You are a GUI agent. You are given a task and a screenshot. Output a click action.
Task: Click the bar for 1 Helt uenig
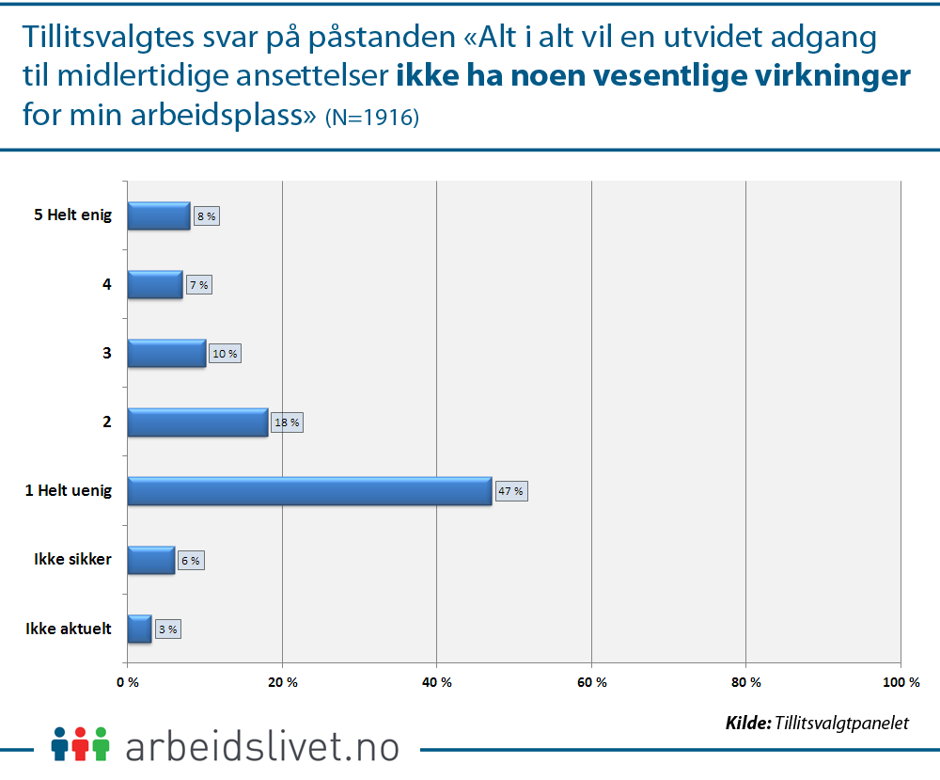tap(309, 491)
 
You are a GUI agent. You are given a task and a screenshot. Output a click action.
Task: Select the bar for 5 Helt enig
tap(158, 216)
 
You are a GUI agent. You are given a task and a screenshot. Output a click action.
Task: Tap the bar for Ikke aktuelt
tap(139, 629)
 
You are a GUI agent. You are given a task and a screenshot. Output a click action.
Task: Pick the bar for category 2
tap(197, 422)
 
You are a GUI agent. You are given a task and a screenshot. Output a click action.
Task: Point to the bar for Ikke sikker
tap(150, 560)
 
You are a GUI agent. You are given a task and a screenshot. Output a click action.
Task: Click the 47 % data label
tap(511, 491)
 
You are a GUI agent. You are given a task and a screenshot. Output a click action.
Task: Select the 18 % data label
tap(287, 422)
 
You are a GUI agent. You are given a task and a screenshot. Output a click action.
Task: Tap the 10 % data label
tap(225, 354)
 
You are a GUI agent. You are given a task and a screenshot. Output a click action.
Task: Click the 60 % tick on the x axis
tap(591, 681)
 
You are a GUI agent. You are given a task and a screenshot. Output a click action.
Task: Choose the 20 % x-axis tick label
tap(283, 681)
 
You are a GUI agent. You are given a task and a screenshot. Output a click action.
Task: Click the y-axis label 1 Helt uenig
tap(69, 490)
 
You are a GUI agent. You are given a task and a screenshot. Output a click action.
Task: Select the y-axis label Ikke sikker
tap(72, 559)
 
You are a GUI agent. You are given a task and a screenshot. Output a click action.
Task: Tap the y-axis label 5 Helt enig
tap(72, 215)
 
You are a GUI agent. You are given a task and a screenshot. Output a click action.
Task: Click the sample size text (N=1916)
tap(371, 119)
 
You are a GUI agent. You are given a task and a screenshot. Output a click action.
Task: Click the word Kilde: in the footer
tap(748, 723)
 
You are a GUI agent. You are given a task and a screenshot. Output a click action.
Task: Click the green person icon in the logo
tap(102, 742)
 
